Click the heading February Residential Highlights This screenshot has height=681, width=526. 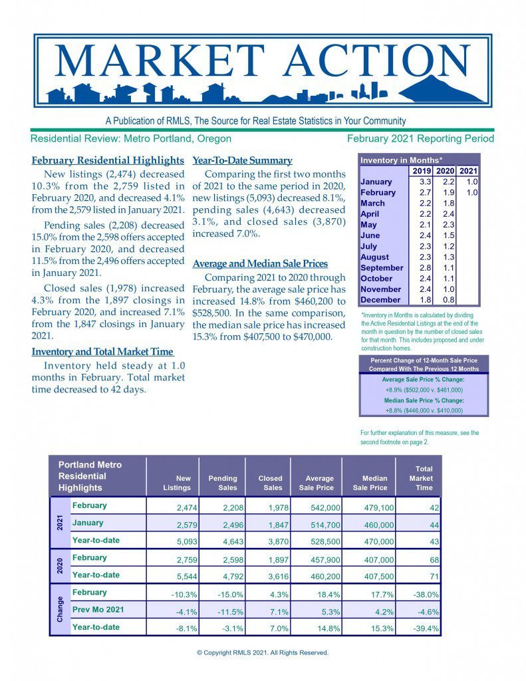coord(108,160)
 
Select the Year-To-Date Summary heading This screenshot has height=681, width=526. coord(242,160)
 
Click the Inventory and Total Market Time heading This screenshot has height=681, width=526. coord(102,351)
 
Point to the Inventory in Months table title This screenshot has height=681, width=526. coord(402,160)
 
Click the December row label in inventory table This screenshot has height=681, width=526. coord(381,300)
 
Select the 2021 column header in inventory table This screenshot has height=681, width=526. coord(469,171)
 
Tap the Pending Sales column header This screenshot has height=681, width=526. coord(223,483)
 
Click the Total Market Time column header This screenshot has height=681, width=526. coord(421,478)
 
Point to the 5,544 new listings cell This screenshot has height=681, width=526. coord(177,576)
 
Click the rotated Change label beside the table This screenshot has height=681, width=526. coord(60,609)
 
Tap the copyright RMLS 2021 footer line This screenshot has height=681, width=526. coord(263,652)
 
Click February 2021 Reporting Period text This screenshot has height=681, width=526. coord(420,139)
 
